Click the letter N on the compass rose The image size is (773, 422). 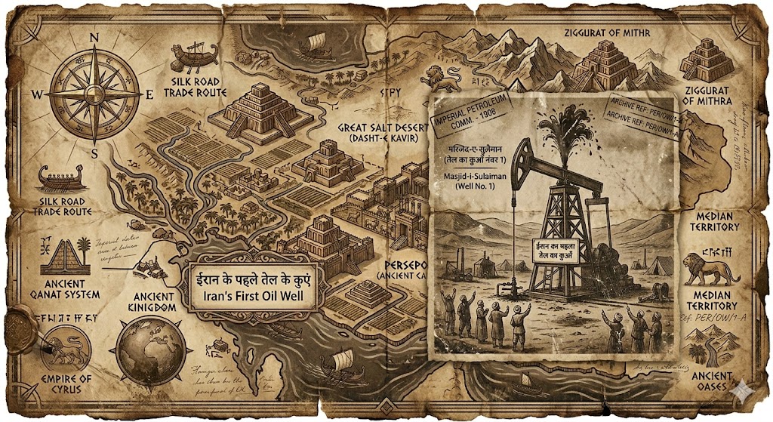pyautogui.click(x=94, y=36)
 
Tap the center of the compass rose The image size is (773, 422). pyautogui.click(x=94, y=94)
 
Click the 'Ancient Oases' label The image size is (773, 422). pyautogui.click(x=712, y=381)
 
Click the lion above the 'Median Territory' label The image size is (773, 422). pyautogui.click(x=710, y=269)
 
